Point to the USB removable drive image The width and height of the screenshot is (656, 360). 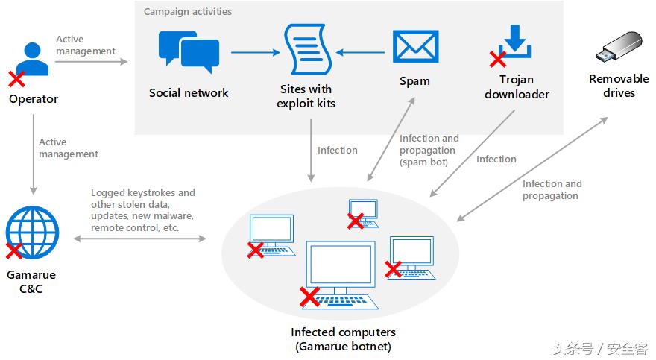click(x=619, y=47)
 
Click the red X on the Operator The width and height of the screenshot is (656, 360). click(x=16, y=78)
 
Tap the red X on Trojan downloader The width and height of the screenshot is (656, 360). click(x=497, y=60)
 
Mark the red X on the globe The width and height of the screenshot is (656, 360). click(x=13, y=251)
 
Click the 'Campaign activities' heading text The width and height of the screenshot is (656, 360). click(x=187, y=12)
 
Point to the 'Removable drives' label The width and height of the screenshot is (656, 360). click(x=619, y=86)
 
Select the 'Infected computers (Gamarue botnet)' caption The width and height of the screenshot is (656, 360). click(x=343, y=339)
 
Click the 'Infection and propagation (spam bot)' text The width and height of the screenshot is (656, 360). click(x=429, y=150)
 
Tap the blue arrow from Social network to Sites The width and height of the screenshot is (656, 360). click(x=253, y=52)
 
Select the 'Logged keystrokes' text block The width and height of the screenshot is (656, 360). click(x=142, y=210)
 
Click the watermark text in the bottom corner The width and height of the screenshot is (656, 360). click(x=599, y=348)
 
